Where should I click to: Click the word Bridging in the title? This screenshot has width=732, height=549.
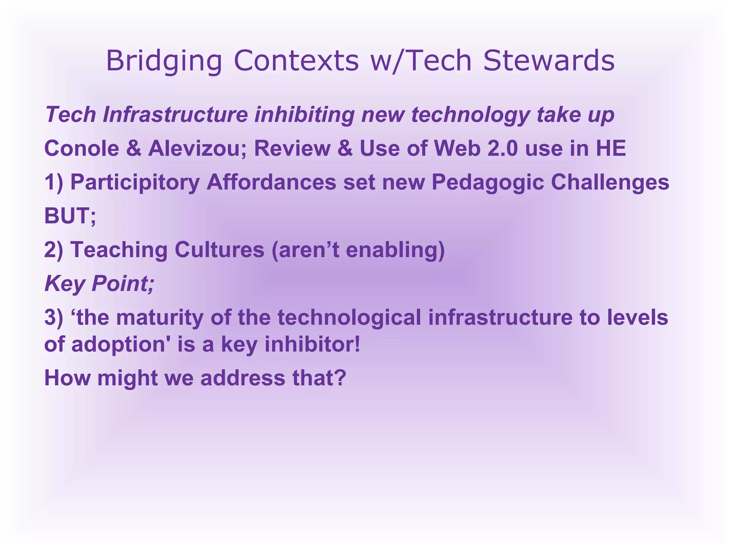point(164,61)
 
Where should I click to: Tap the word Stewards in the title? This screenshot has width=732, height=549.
point(549,61)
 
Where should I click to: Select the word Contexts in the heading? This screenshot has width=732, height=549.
point(296,61)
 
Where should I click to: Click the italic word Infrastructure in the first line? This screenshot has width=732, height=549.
point(175,115)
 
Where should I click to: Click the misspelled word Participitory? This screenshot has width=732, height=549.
point(135,182)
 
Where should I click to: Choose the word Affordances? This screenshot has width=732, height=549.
point(271,182)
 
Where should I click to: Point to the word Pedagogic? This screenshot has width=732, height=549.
point(488,182)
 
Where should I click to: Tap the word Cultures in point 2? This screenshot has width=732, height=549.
point(219,249)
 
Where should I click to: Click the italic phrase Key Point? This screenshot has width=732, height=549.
point(98,283)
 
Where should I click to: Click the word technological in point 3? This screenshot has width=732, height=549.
point(349,317)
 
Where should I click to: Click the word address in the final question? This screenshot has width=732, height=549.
point(243,378)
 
